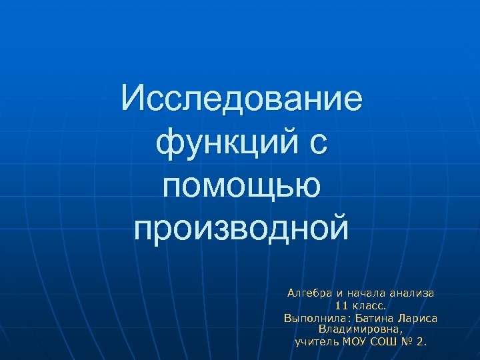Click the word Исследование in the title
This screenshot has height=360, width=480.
pyautogui.click(x=242, y=99)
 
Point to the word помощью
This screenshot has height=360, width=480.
pyautogui.click(x=241, y=185)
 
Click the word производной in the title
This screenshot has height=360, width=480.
pyautogui.click(x=241, y=227)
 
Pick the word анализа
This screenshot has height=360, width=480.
pyautogui.click(x=413, y=293)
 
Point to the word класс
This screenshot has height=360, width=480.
pyautogui.click(x=368, y=305)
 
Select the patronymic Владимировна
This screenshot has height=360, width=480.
pyautogui.click(x=361, y=329)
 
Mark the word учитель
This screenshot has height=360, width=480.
pyautogui.click(x=317, y=342)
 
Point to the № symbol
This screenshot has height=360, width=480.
pyautogui.click(x=408, y=342)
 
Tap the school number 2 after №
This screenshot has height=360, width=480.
pyautogui.click(x=421, y=342)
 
